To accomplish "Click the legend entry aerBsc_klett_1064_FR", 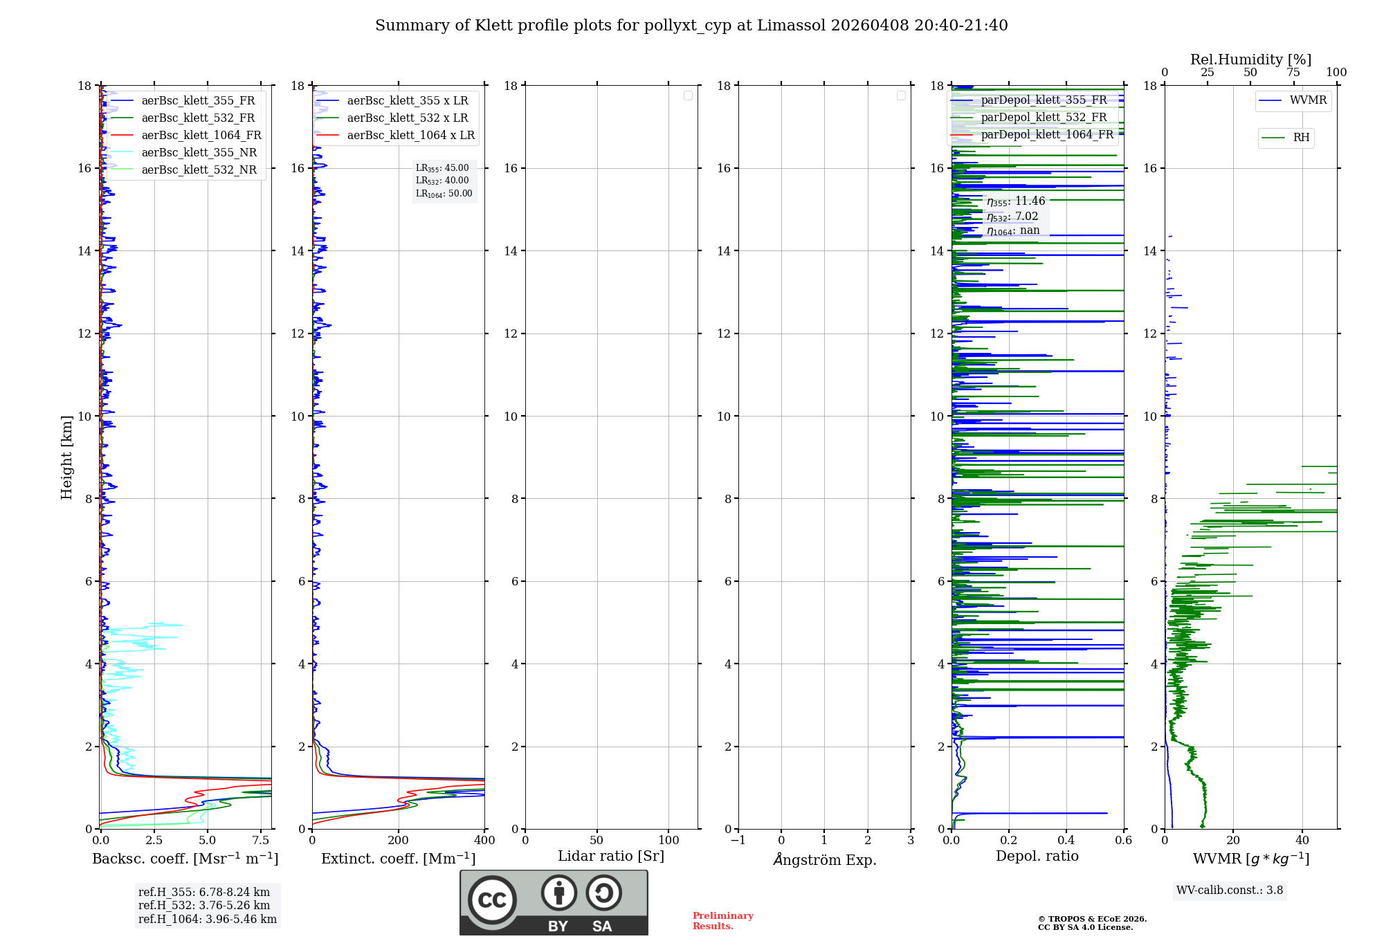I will pos(201,136).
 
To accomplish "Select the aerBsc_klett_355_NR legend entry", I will pos(199,153).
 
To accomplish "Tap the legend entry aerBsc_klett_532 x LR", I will pos(407,118).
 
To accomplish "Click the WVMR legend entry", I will pos(1308,100).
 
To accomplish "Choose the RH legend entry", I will pos(1301,138).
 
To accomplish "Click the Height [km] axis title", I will pos(66,457).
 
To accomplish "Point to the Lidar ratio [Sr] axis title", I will pos(611,857).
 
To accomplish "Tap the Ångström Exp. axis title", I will pos(825,860).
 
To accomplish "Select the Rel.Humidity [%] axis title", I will pos(1250,60).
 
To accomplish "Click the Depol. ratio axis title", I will pos(1037,857).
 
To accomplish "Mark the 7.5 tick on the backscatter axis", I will pos(261,841).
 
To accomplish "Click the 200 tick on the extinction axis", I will pos(399,841).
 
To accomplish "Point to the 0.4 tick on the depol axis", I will pos(1066,841).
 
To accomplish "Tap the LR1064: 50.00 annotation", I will pos(444,194).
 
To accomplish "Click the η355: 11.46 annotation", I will pos(1016,201).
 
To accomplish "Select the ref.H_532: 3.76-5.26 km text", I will pos(204,906).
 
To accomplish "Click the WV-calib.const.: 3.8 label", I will pos(1230,890).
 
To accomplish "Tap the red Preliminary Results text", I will pos(722,921).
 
